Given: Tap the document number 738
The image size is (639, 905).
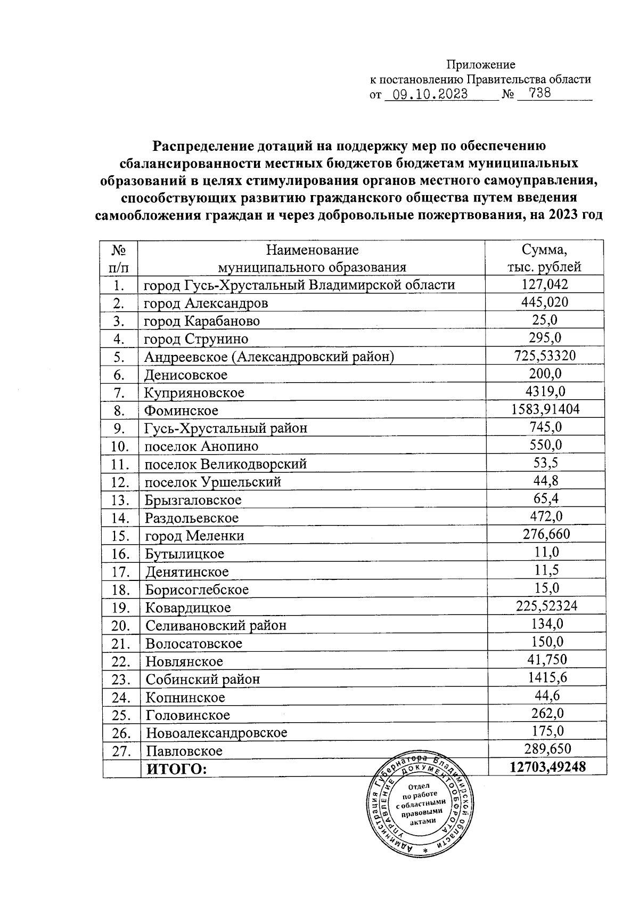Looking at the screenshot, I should (x=533, y=94).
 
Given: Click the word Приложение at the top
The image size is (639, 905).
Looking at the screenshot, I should (x=480, y=65).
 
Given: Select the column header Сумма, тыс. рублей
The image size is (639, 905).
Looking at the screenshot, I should (x=544, y=258).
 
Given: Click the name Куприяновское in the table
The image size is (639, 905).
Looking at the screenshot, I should (x=194, y=393).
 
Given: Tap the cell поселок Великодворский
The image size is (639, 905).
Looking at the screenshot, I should (x=226, y=464).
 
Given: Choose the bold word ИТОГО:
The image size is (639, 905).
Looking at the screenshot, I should (x=176, y=769).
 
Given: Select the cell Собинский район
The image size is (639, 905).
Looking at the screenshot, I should (x=203, y=680).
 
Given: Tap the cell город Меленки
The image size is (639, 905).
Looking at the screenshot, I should (x=194, y=536).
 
